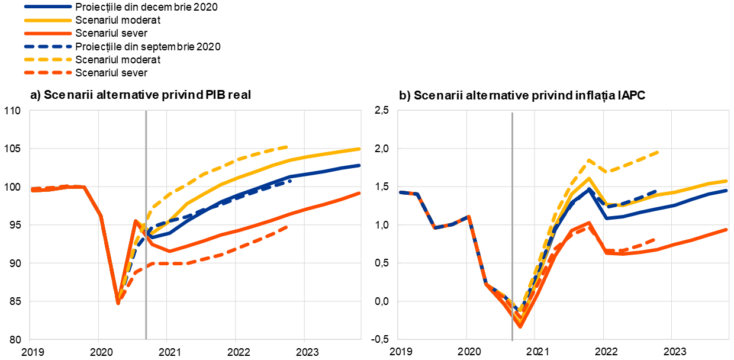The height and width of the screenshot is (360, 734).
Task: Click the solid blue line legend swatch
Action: click(x=48, y=7)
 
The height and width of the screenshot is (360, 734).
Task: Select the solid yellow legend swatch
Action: click(x=48, y=20)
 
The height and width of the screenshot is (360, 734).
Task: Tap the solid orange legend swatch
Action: click(x=48, y=34)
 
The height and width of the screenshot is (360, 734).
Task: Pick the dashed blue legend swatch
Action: click(x=48, y=46)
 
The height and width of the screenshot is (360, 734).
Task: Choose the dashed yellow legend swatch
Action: click(x=48, y=59)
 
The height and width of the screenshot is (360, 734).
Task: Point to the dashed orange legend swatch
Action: click(x=48, y=73)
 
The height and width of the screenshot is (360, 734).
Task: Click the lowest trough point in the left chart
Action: click(x=118, y=303)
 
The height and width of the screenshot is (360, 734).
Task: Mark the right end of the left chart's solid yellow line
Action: click(x=360, y=149)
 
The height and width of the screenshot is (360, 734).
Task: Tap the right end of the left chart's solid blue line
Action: click(x=360, y=165)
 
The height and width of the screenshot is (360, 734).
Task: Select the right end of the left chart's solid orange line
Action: click(x=360, y=193)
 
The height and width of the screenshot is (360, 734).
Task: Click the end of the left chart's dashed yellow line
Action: click(x=288, y=147)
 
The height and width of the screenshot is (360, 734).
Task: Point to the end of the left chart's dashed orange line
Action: click(x=288, y=226)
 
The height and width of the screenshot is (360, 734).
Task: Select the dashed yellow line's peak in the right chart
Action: click(x=589, y=160)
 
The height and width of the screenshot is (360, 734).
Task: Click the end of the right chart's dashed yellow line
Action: click(x=658, y=152)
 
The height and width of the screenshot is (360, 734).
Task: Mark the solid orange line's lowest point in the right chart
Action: click(x=520, y=326)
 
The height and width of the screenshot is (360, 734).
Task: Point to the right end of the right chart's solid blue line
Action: click(x=727, y=191)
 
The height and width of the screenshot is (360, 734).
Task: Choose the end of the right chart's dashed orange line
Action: click(x=655, y=239)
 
